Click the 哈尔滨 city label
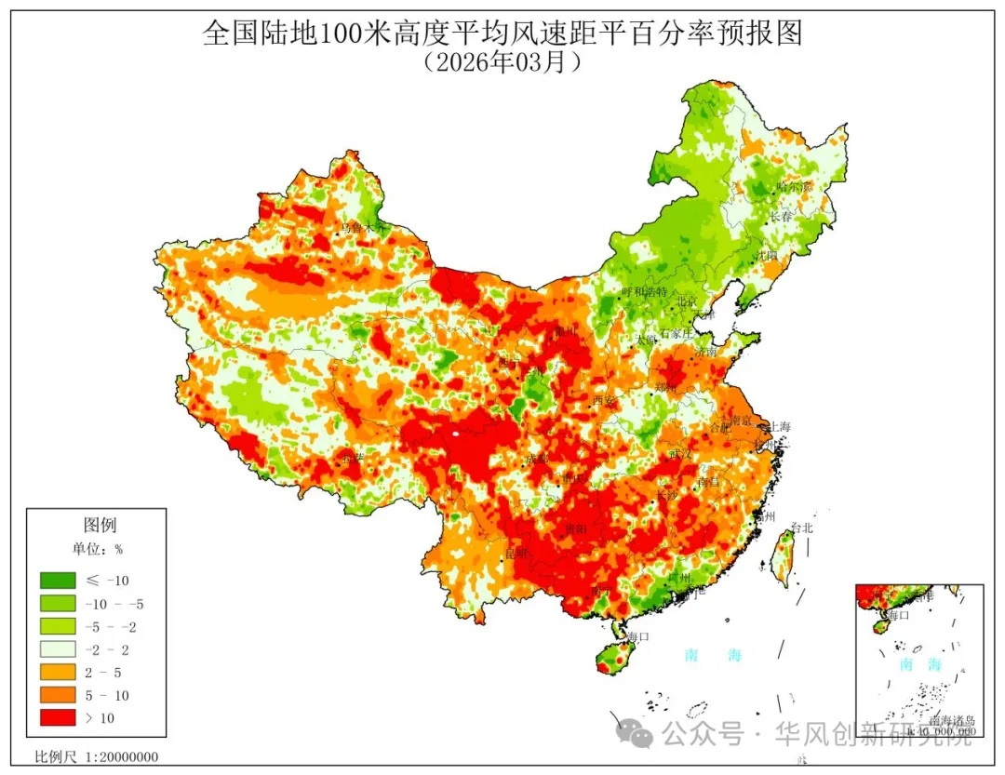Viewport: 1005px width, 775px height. pos(794,187)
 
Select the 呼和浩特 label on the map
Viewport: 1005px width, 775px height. pos(644,291)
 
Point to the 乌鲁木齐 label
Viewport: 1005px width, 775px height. pos(361,227)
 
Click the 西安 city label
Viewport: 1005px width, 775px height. pos(605,401)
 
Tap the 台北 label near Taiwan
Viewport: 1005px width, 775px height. pos(801,528)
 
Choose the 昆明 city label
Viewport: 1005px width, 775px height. pos(516,554)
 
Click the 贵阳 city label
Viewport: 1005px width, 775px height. pos(576,528)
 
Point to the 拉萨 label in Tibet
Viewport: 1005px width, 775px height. pos(352,458)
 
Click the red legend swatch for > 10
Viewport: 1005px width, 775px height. pos(57,716)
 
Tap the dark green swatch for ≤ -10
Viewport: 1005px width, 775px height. pos(57,581)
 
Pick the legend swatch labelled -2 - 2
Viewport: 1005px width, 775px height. pos(57,648)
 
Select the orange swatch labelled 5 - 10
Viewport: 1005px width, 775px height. pos(57,694)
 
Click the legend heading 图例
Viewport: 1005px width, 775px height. pos(100,526)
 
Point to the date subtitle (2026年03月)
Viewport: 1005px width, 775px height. pos(502,62)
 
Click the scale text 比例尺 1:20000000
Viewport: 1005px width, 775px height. pos(96,756)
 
